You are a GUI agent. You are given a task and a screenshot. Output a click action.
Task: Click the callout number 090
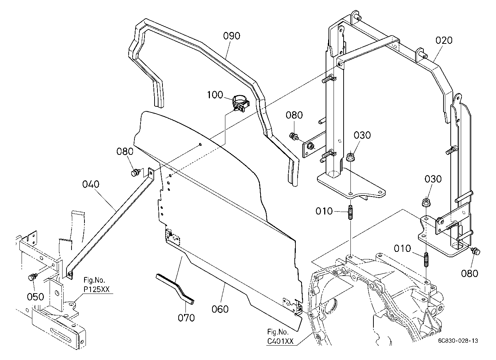coord(231,36)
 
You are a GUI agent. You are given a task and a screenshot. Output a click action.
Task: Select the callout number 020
coord(444,41)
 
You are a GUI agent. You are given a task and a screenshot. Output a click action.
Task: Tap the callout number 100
coord(215,95)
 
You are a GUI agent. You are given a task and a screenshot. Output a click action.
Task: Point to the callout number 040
coord(91,184)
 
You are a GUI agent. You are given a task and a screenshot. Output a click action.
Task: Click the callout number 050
coord(36,297)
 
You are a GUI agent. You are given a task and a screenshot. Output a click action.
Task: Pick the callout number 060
coord(220,309)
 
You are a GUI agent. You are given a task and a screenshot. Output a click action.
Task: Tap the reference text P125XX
coord(97,289)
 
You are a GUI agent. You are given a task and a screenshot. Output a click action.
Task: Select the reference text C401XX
coord(280,341)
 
